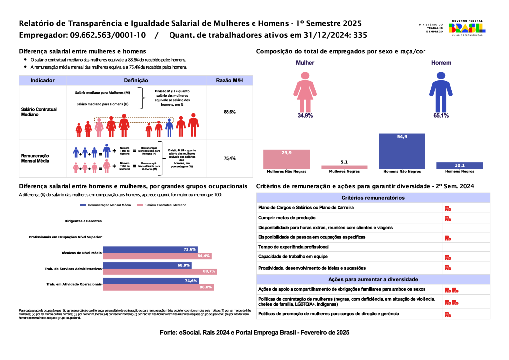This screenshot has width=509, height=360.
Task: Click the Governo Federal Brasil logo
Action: click(x=467, y=28)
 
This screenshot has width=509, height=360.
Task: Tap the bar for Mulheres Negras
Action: click(x=344, y=167)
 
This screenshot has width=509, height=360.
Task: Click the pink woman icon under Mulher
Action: click(x=305, y=90)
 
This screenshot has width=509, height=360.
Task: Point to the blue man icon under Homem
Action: click(x=440, y=90)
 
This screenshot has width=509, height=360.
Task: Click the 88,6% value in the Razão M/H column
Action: click(x=229, y=112)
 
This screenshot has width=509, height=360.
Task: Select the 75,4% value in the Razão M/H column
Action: click(x=229, y=158)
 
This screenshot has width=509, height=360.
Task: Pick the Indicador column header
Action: click(x=42, y=80)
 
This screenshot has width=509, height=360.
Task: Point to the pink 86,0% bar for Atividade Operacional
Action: click(x=158, y=287)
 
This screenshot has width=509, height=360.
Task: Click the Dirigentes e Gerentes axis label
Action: click(x=83, y=221)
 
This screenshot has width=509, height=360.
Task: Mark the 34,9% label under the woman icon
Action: click(x=305, y=115)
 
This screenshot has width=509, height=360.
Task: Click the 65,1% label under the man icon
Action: click(x=441, y=115)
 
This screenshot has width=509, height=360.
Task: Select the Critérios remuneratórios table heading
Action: click(x=373, y=198)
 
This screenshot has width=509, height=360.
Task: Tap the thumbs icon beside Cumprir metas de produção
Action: click(x=447, y=218)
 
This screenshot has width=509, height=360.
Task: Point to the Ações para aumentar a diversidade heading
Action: click(x=373, y=279)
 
